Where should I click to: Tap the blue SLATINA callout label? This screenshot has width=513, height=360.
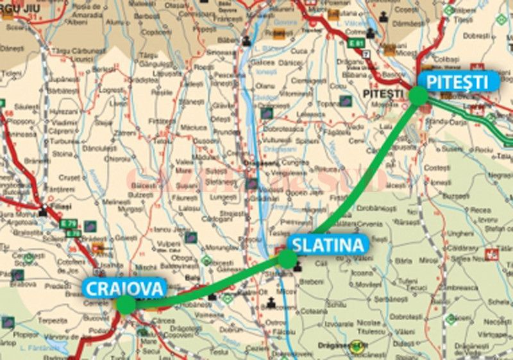coord(328,244)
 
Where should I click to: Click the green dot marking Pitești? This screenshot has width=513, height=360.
coord(418,96)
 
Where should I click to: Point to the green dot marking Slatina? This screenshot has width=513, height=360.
coord(287,259)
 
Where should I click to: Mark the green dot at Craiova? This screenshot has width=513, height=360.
coord(126,304)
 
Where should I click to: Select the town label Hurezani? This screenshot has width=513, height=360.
coord(64,110)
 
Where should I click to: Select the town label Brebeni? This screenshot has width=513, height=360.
coord(312,281)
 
